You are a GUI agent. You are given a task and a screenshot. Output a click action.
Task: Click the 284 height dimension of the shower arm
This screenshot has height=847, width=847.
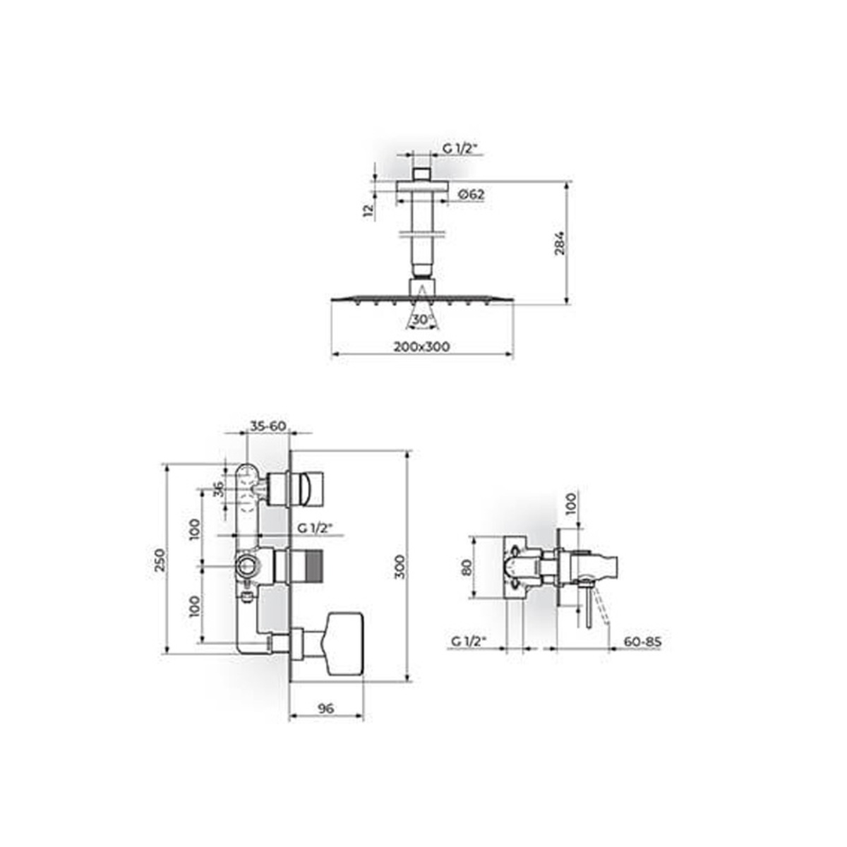559,243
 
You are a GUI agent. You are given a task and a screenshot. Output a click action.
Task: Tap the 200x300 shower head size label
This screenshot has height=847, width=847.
421,347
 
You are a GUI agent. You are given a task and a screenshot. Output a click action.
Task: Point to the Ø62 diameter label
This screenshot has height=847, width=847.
471,194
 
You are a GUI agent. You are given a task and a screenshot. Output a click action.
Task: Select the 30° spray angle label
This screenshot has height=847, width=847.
421,319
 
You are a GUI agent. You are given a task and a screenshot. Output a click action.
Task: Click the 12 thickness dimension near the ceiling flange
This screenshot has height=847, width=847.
368,210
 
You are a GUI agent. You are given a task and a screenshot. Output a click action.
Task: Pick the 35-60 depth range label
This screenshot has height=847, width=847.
268,426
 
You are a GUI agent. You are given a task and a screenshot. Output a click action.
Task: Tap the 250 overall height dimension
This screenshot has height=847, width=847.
160,560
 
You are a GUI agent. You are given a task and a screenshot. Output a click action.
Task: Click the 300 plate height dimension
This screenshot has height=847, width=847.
400,567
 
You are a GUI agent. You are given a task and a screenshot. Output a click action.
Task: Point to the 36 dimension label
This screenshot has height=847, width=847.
218,488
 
